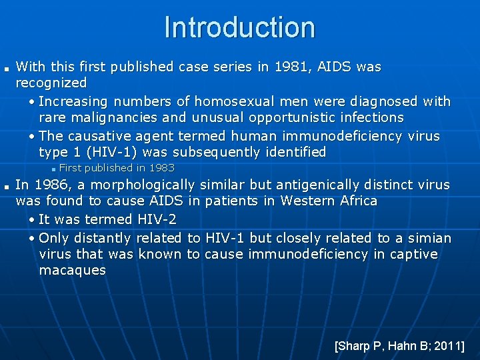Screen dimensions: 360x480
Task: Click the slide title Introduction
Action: pyautogui.click(x=239, y=28)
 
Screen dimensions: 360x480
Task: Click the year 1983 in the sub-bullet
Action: pyautogui.click(x=162, y=168)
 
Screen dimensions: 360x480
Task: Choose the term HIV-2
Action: pyautogui.click(x=157, y=219)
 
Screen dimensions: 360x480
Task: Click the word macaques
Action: pyautogui.click(x=72, y=270)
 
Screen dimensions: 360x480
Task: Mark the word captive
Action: pyautogui.click(x=415, y=254)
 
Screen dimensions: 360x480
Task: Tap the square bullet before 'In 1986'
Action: pyautogui.click(x=5, y=186)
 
